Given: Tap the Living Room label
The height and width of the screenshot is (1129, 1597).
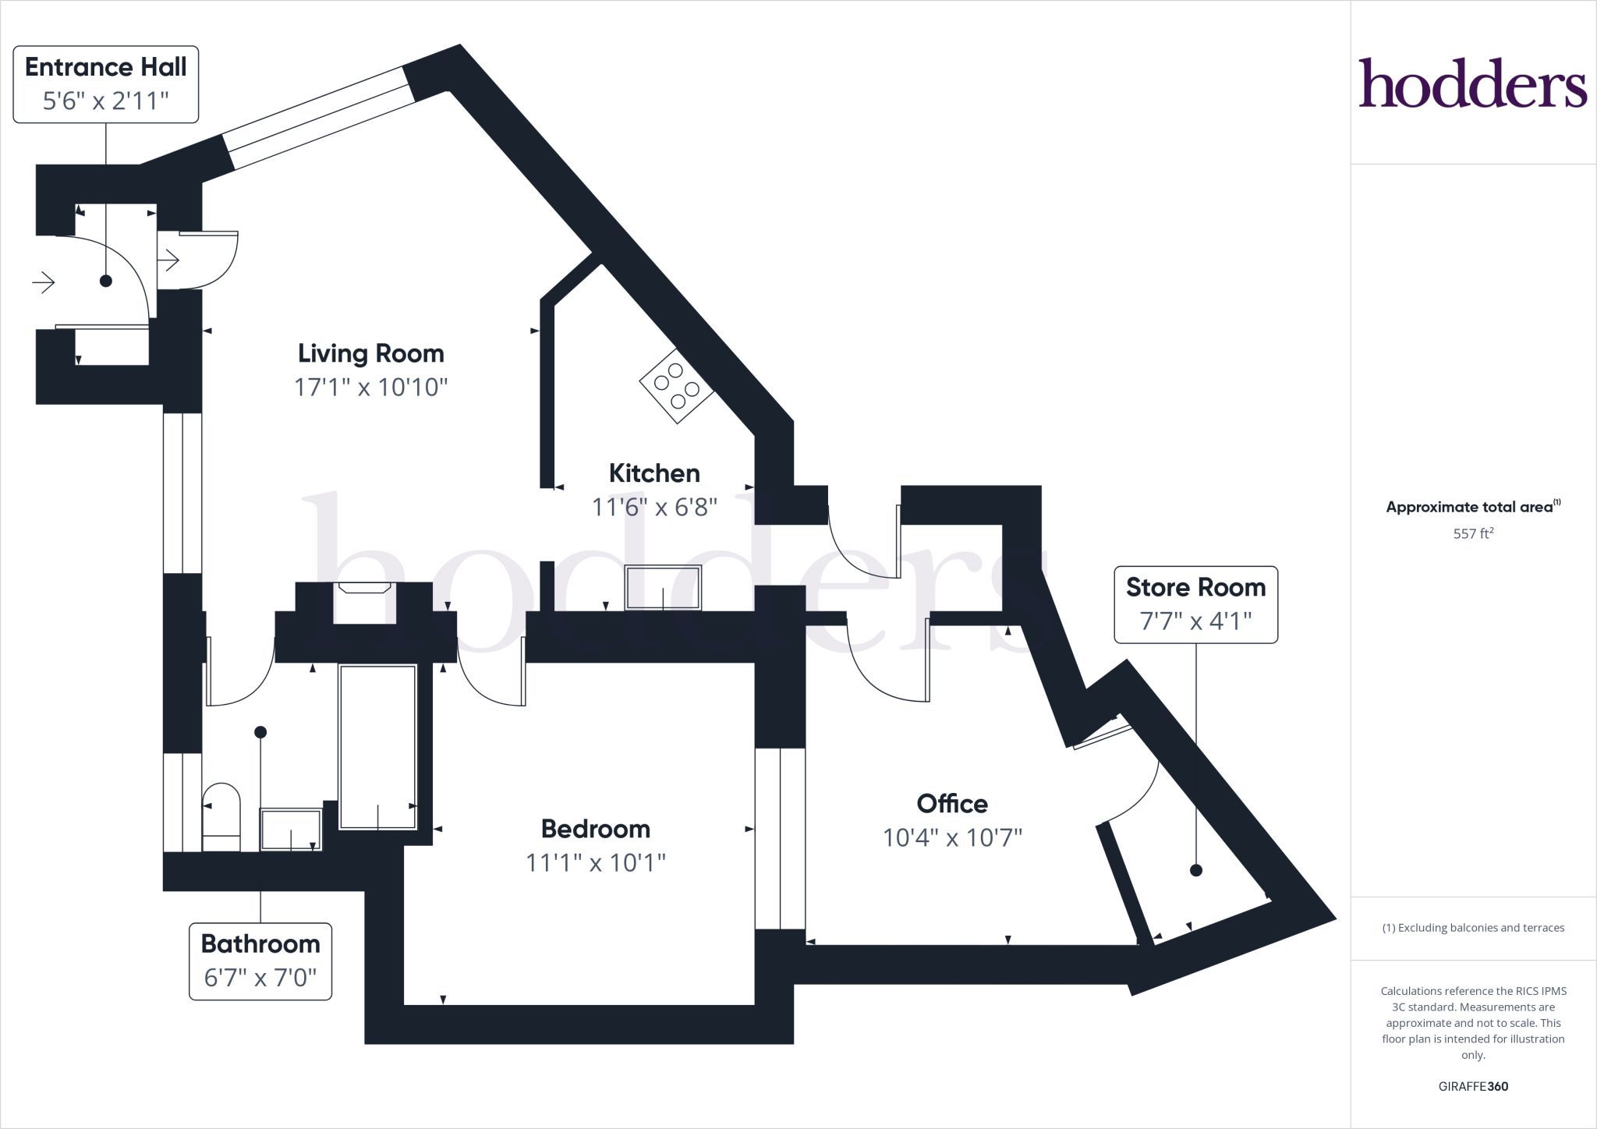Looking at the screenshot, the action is tap(371, 353).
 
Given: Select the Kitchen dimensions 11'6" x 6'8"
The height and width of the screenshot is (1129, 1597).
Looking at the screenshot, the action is tap(654, 508).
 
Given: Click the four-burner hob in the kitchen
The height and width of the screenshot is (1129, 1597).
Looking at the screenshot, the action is tap(676, 385).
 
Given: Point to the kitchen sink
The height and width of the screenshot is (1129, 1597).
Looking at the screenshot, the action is tap(664, 587).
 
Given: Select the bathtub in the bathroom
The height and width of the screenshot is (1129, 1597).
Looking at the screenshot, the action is tap(377, 747).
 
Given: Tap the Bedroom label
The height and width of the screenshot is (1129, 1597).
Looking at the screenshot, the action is tap(596, 828).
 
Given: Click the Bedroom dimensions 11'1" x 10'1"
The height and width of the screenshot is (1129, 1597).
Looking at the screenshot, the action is tap(596, 863).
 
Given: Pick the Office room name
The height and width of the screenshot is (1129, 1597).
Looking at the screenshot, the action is tap(952, 803).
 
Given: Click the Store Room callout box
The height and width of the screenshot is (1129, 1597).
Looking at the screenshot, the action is tap(1195, 604).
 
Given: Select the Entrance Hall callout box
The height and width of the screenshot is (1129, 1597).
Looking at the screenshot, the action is tap(106, 84).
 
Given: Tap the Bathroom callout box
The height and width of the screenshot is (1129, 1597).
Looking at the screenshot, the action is tap(260, 961).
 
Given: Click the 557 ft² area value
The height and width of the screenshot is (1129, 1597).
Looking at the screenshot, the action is tap(1473, 533).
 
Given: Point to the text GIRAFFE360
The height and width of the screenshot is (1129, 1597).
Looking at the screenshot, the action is tap(1473, 1086).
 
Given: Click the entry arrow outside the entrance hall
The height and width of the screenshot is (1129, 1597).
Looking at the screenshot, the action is tap(44, 281).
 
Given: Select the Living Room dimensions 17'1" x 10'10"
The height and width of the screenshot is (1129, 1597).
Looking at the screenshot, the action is tap(371, 388).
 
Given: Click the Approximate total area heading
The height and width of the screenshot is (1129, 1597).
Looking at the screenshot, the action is tap(1473, 507).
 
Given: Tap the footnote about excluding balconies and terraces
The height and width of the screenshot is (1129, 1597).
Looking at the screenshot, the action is tap(1473, 928).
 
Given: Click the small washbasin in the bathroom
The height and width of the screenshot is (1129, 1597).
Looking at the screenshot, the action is tap(290, 830).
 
